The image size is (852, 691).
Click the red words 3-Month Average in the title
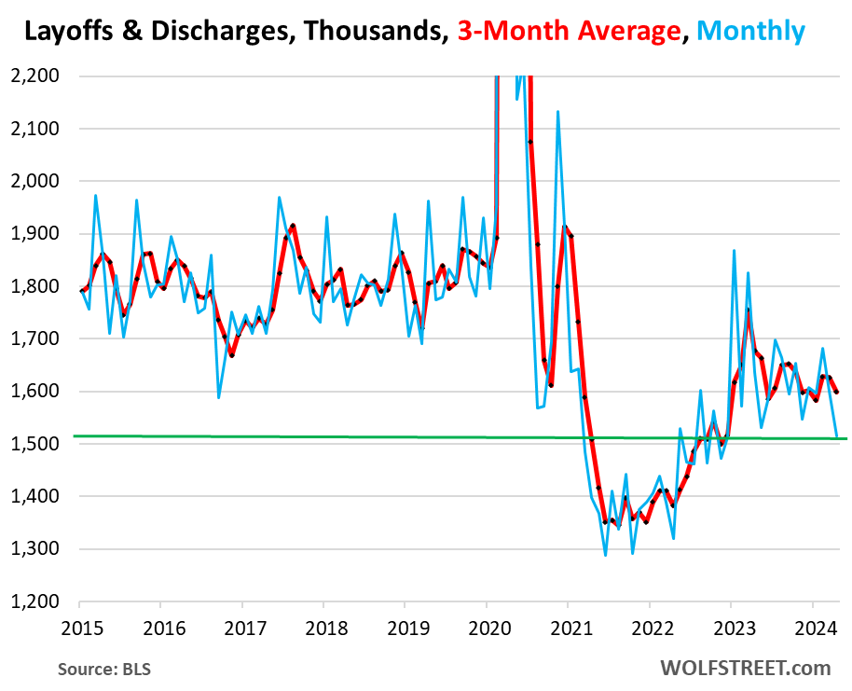tap(569, 32)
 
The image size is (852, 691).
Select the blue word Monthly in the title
tap(749, 32)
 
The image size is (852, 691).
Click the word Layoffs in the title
tap(62, 32)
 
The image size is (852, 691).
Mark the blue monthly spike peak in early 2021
tap(557, 112)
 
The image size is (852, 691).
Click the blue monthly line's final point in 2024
tap(836, 436)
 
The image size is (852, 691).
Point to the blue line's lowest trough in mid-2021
tap(605, 556)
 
